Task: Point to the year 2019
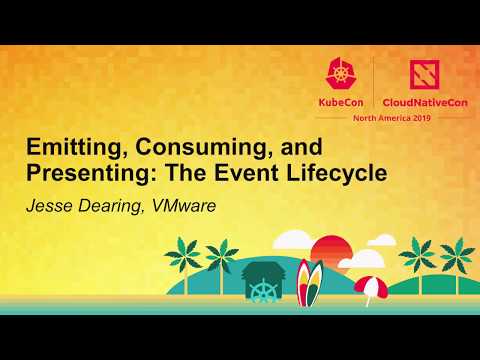coord(423,117)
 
